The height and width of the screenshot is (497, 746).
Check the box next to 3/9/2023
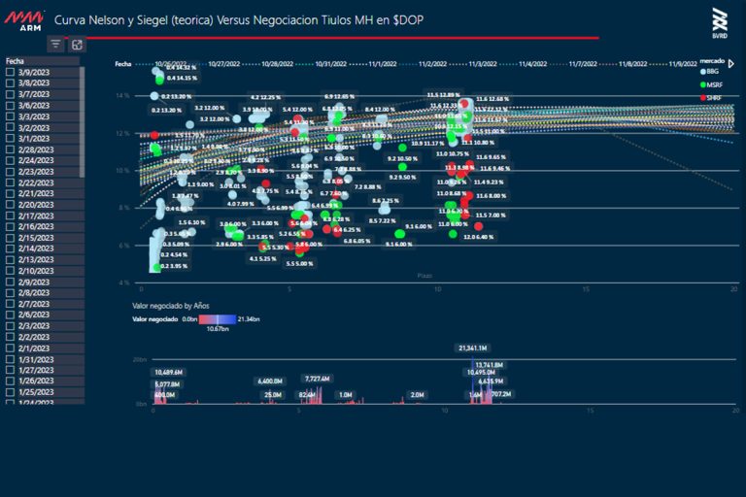tap(10, 72)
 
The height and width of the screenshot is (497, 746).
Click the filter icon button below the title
tap(55, 45)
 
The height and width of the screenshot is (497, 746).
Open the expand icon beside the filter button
tap(77, 45)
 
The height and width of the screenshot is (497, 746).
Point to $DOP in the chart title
tap(408, 19)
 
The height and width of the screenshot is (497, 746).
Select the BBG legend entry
tap(713, 73)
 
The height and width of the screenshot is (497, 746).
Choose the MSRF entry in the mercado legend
tap(713, 85)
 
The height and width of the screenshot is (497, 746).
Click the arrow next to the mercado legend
tap(731, 64)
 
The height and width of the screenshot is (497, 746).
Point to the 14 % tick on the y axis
tap(122, 96)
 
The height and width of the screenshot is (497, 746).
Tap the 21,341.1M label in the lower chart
tap(472, 348)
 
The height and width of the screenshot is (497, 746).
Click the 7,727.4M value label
tap(319, 379)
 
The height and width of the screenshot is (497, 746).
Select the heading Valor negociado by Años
tap(171, 305)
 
